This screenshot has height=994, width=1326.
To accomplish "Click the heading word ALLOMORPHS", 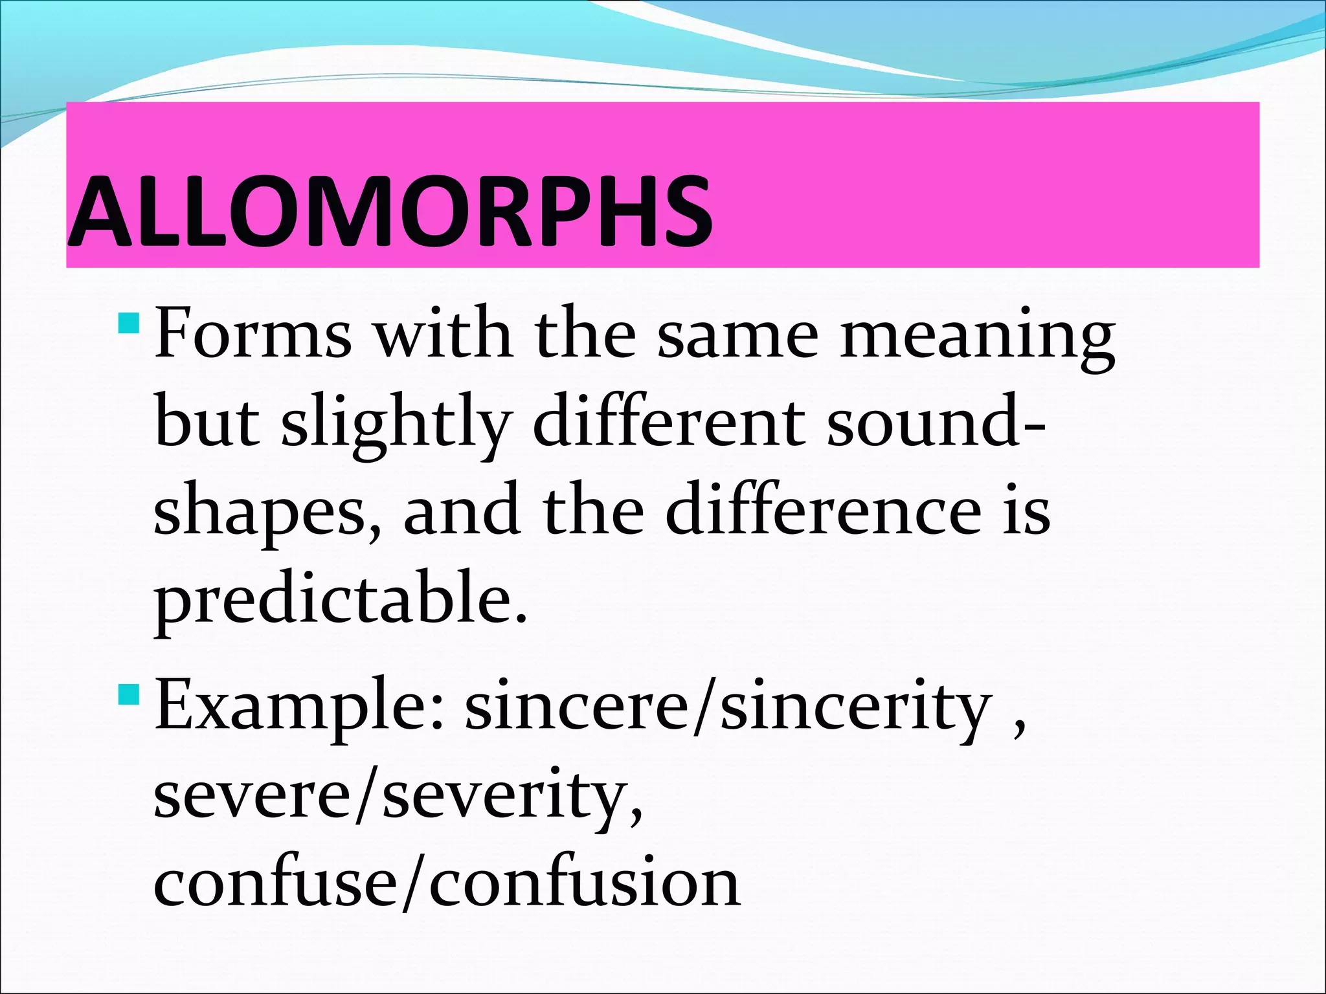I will (390, 210).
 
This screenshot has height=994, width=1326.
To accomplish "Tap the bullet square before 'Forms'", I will (129, 322).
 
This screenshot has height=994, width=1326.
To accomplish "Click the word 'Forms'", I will (253, 335).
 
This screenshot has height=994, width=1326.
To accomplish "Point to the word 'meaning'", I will (978, 337).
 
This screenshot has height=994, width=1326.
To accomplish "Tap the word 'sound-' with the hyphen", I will (936, 422).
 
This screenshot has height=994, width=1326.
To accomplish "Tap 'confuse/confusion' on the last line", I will (447, 883).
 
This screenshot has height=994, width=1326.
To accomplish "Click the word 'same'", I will (738, 337).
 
